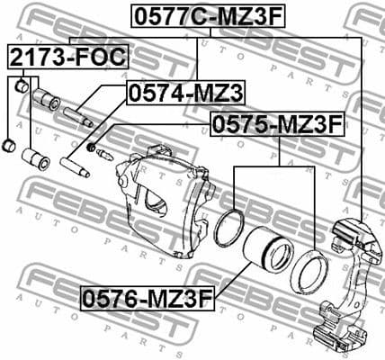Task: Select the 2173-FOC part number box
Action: coord(68,58)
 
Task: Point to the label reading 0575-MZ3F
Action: coord(277,124)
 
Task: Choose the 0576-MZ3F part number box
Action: coord(148,296)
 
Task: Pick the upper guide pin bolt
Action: coord(76,115)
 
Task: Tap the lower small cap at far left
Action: coord(9,145)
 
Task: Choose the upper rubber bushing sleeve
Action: coord(45,99)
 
